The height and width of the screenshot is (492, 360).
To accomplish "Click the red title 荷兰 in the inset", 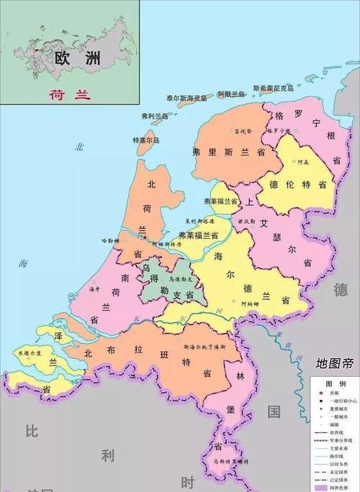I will pyautogui.click(x=64, y=94).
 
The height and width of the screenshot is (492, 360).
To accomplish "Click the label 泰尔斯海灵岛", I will pyautogui.click(x=176, y=97).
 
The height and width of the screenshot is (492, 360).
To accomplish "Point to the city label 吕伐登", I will pyautogui.click(x=240, y=132).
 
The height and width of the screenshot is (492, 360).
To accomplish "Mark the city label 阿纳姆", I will pyautogui.click(x=251, y=304).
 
